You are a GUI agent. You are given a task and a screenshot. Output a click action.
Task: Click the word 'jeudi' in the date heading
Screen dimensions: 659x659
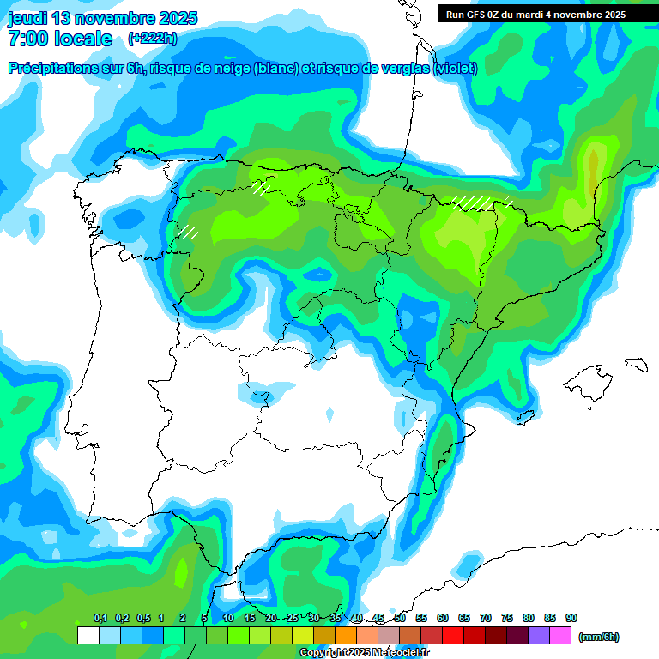click(x=29, y=18)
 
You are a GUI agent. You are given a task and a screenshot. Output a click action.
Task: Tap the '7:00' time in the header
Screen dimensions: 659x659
click(x=28, y=39)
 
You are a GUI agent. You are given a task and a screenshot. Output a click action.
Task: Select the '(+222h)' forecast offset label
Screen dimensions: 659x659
click(x=152, y=39)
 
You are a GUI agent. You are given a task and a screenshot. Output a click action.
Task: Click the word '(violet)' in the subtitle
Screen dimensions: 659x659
click(x=455, y=69)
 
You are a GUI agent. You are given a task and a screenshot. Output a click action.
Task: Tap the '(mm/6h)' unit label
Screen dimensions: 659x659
click(x=599, y=637)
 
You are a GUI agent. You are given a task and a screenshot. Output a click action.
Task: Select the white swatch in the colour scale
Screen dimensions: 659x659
click(x=88, y=636)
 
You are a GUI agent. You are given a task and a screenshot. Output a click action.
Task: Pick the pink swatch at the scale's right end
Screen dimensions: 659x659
click(x=560, y=636)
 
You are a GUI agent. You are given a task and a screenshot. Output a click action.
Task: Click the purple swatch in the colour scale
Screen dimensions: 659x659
click(x=539, y=636)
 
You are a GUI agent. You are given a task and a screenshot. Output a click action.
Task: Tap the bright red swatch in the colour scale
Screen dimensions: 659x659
click(x=453, y=636)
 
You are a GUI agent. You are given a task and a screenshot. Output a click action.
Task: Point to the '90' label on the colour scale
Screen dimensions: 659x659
click(x=571, y=618)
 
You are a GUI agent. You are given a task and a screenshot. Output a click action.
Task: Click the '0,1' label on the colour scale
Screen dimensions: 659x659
click(x=100, y=618)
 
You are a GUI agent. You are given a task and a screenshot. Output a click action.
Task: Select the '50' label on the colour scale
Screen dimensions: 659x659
click(x=400, y=618)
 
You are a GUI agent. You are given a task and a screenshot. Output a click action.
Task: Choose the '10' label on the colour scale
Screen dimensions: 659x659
click(x=228, y=618)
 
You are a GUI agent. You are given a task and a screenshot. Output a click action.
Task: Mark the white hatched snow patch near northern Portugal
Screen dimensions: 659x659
click(x=188, y=231)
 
